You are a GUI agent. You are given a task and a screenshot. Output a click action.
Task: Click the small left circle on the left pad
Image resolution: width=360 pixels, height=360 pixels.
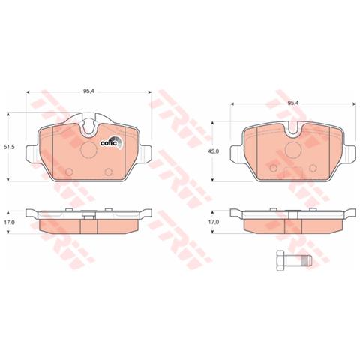(70, 175)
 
